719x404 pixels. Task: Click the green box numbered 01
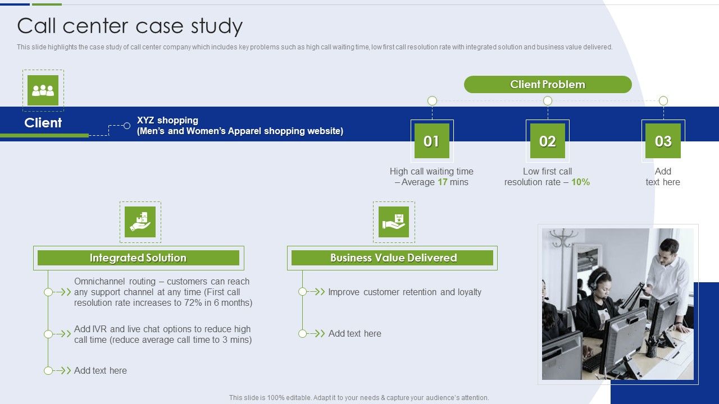pos(432,141)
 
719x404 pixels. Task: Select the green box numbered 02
pos(548,141)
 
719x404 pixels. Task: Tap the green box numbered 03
pos(663,141)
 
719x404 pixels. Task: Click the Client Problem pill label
pos(548,84)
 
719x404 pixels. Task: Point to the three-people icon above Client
pos(43,90)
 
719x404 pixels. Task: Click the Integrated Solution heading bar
pos(138,258)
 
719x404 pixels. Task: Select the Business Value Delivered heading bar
pos(392,258)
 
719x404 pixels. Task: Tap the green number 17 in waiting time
pos(443,182)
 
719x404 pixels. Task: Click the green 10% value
pos(580,182)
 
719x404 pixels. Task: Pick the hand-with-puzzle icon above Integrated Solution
pos(140,222)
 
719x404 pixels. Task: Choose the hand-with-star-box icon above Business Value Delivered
pos(394,222)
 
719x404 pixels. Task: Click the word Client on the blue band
pos(43,123)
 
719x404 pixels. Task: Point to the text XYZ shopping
pos(167,120)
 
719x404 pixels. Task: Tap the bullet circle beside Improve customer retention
pos(302,292)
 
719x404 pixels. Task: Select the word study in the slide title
pos(217,26)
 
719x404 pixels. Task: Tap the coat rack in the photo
pos(562,244)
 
